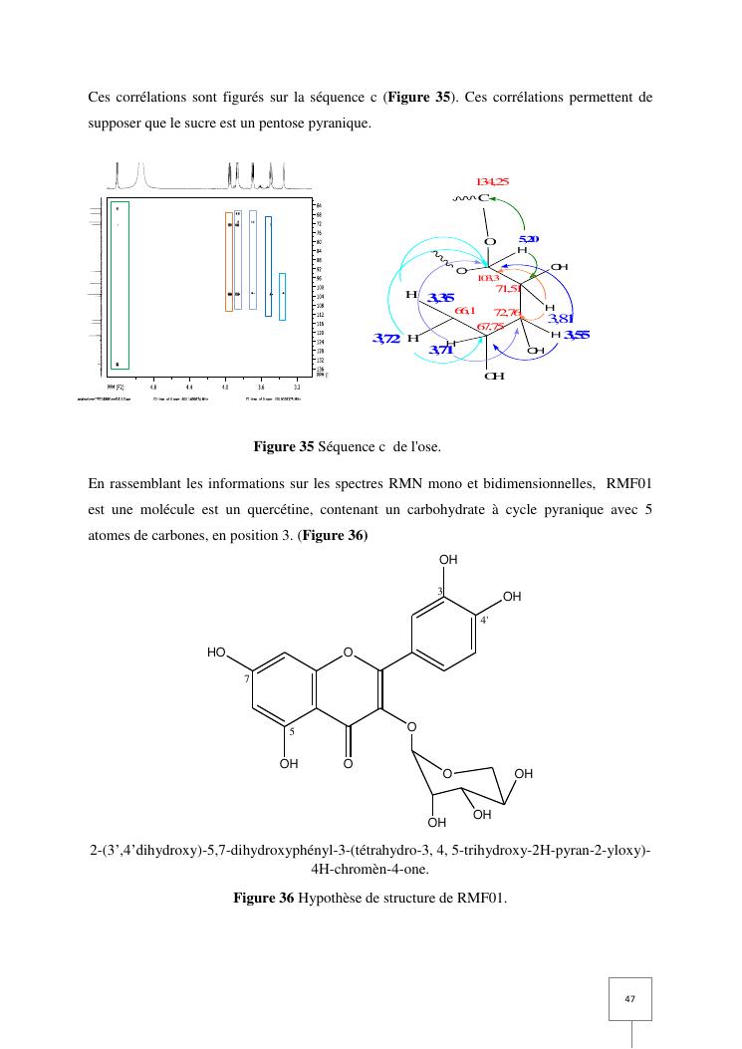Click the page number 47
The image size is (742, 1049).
(x=630, y=998)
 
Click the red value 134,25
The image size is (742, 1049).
(x=492, y=181)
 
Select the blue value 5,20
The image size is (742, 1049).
(x=530, y=240)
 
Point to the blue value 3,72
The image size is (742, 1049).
(x=386, y=339)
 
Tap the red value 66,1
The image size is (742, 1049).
(x=465, y=312)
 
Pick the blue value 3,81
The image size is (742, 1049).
(x=562, y=319)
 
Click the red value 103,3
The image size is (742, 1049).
(x=488, y=279)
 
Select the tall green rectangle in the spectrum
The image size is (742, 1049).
(x=119, y=286)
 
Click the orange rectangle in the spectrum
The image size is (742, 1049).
(x=229, y=261)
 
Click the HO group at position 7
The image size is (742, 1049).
(x=217, y=652)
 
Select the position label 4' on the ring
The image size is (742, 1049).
(x=484, y=620)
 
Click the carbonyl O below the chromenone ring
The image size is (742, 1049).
(x=348, y=764)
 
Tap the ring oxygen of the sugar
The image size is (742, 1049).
(x=447, y=773)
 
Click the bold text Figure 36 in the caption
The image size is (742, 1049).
(x=264, y=899)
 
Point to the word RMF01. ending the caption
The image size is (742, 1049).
(x=483, y=899)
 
